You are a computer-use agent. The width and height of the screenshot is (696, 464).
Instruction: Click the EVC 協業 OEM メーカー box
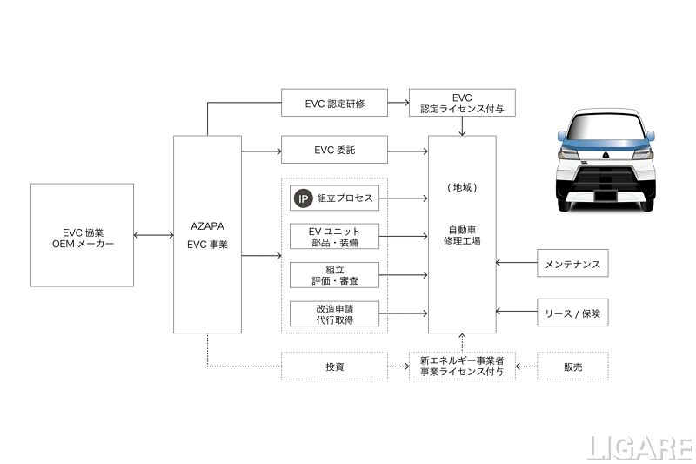point(82,234)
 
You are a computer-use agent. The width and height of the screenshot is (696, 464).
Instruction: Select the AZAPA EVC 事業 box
point(207,234)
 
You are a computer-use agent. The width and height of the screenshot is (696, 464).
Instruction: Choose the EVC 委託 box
point(335,151)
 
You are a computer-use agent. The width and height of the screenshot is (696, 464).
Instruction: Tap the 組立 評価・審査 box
point(335,275)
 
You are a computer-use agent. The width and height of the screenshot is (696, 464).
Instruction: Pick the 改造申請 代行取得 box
point(335,313)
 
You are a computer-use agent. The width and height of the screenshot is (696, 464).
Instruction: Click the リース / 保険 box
point(572,312)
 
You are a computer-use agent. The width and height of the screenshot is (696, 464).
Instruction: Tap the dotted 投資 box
point(335,366)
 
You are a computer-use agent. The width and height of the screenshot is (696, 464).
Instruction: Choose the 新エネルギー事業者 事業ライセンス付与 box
point(462,366)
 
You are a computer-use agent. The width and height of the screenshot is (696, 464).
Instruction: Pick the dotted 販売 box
point(572,366)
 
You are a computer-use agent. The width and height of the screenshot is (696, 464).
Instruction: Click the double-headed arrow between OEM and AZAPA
point(154,234)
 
